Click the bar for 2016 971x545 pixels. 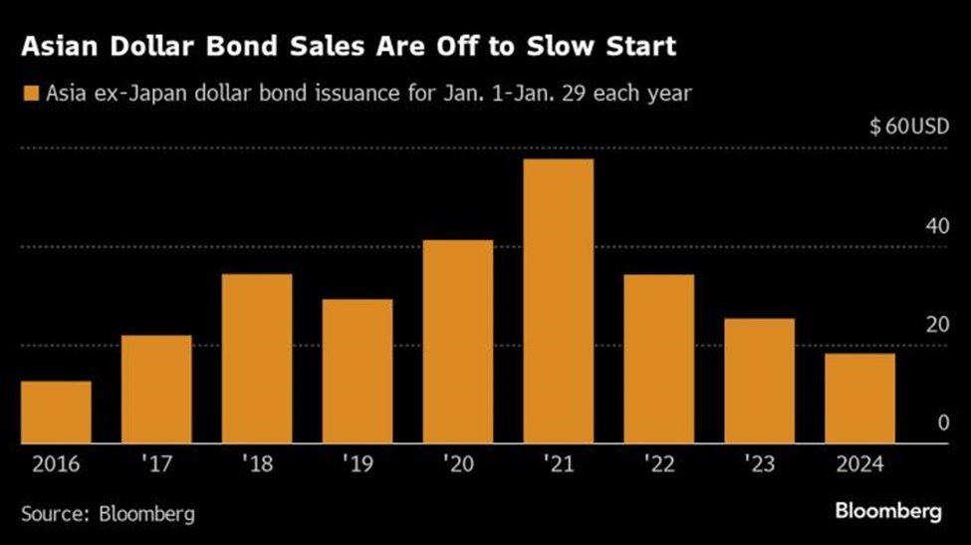[x=56, y=412]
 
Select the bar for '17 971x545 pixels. [x=156, y=390]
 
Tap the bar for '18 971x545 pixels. [x=257, y=359]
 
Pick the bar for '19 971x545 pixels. [x=358, y=372]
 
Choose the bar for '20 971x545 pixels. [x=458, y=342]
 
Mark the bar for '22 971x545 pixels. [x=659, y=359]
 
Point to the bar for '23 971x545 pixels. [x=760, y=382]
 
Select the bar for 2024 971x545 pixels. [x=860, y=399]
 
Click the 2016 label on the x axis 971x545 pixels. [x=56, y=464]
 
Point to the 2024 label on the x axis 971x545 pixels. [x=860, y=464]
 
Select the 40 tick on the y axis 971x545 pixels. [x=936, y=226]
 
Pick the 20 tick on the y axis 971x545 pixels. [x=936, y=325]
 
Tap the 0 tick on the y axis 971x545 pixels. [x=941, y=423]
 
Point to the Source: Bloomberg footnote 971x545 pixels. [x=108, y=514]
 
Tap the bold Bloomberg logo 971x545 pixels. [x=887, y=512]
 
